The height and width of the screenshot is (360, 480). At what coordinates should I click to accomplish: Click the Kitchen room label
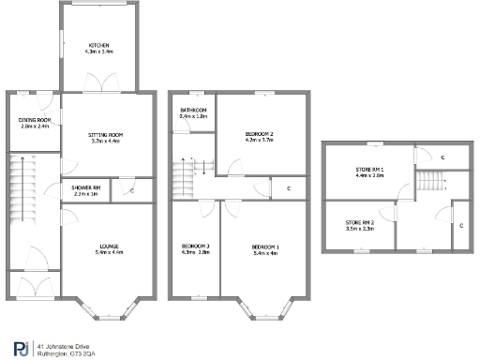tap(98, 46)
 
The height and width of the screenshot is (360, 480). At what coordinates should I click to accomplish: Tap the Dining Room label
tap(35, 121)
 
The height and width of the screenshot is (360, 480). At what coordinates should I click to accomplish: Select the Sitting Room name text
tap(106, 135)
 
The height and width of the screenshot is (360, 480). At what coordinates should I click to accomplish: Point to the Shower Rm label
tap(85, 188)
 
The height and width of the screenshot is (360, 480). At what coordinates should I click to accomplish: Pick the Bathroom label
tap(194, 111)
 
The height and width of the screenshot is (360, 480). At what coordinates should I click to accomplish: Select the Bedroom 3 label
tap(195, 247)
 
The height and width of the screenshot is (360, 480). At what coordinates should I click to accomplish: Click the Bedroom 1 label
tap(265, 247)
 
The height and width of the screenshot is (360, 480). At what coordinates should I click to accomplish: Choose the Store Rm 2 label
tap(359, 223)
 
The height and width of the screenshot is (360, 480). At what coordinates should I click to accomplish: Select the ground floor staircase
tap(20, 196)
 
